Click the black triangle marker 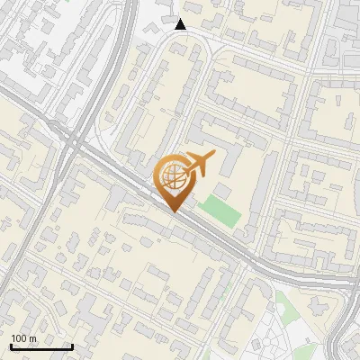point(181,24)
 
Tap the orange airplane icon point(199,164)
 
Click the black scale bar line point(41,346)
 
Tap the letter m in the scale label point(33,338)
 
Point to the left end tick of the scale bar point(12,345)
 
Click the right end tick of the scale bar point(71,345)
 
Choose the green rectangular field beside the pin point(220,211)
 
